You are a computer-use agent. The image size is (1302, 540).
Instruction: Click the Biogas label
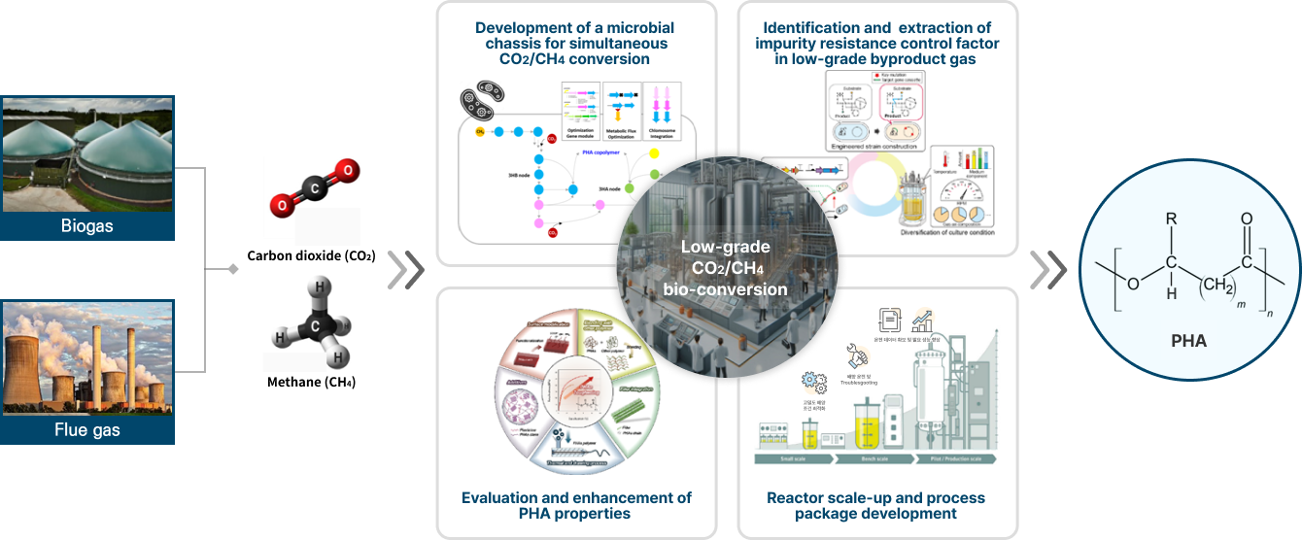pos(87,226)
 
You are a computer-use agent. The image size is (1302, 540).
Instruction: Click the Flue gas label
pos(87,428)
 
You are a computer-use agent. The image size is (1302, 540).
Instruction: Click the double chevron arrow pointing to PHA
pos(1047,271)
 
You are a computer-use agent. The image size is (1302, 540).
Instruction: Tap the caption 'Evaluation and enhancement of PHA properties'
pos(576,505)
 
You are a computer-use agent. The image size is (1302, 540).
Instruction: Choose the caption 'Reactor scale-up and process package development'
pos(875,505)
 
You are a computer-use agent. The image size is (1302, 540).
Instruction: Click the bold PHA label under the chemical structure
pos(1189,341)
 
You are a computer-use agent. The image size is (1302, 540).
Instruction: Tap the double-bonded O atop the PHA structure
pos(1247,219)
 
